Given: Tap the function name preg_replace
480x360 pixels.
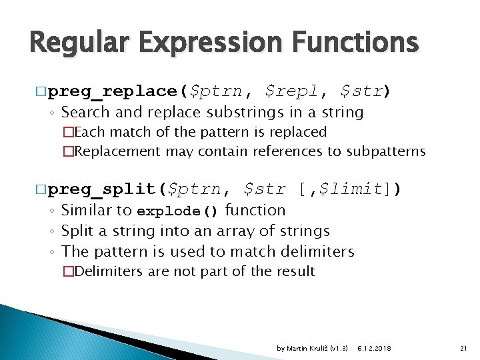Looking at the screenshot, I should (x=114, y=90).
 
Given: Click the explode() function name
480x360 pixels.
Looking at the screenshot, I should (x=177, y=211).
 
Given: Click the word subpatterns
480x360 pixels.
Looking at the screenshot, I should (x=384, y=151).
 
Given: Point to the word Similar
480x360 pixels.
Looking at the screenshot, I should (x=87, y=211).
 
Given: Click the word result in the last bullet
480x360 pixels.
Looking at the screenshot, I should (x=297, y=271).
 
